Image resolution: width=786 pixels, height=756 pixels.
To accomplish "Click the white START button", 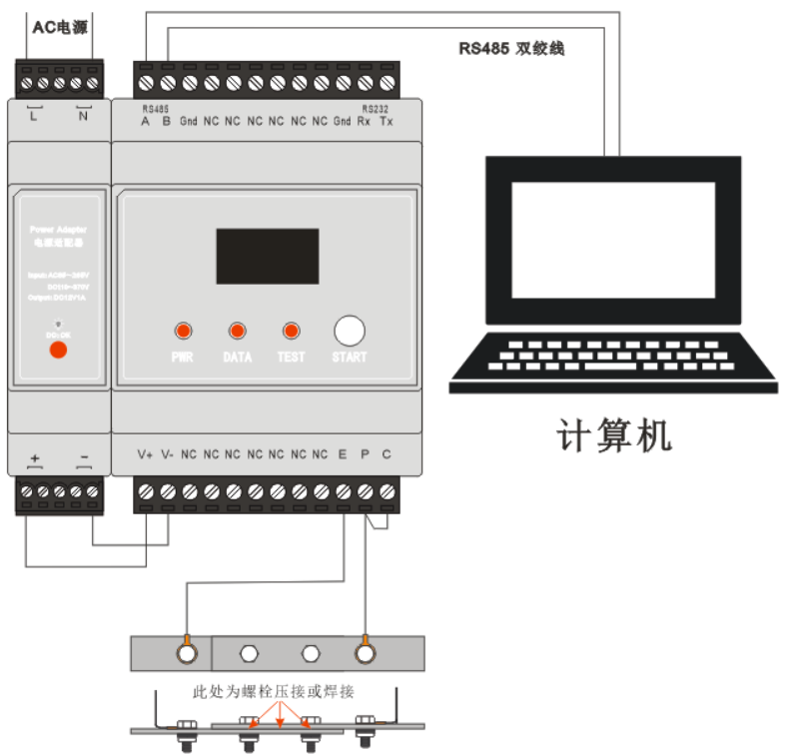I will (x=349, y=331).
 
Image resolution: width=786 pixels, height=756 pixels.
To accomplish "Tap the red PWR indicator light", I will (x=183, y=331).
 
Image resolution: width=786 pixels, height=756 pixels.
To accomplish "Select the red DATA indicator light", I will (x=238, y=331).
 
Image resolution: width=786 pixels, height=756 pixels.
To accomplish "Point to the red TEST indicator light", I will (x=292, y=331).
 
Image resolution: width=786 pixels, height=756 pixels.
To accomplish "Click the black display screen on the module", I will (x=268, y=256).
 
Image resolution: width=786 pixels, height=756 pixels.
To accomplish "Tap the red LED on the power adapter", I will (x=58, y=350).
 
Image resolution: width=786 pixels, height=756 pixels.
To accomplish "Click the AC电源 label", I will (x=60, y=27).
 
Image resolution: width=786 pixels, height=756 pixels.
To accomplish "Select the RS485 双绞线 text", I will (x=511, y=48).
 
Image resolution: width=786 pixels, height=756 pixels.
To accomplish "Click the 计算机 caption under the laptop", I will (x=613, y=436).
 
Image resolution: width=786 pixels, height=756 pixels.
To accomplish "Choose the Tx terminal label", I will (x=387, y=122).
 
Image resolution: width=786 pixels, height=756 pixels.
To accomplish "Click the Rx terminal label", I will (x=365, y=122).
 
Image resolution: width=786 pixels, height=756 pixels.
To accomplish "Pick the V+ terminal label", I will (x=145, y=454).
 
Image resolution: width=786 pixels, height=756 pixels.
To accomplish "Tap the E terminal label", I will (x=343, y=454).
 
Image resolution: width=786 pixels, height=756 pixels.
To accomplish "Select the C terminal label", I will (x=387, y=454).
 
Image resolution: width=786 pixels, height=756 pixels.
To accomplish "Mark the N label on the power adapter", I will (x=83, y=116).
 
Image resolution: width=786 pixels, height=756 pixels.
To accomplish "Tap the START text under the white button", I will (x=349, y=357).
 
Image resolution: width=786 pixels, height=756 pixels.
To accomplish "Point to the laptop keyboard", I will (x=612, y=356).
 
